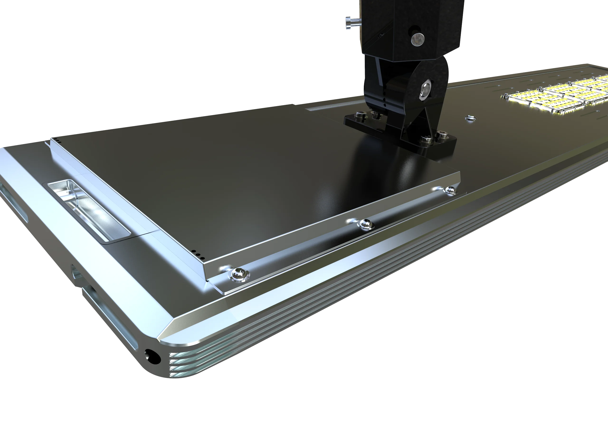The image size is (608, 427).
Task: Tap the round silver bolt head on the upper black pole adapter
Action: pyautogui.click(x=418, y=39)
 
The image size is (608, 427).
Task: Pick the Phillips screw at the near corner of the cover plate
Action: pyautogui.click(x=239, y=274)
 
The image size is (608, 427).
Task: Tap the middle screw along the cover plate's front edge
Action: pyautogui.click(x=366, y=224)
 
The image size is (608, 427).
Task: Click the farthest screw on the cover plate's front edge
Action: pyautogui.click(x=450, y=190)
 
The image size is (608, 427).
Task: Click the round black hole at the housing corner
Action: pyautogui.click(x=152, y=356)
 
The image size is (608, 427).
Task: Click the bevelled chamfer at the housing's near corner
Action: pyautogui.click(x=170, y=331)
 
